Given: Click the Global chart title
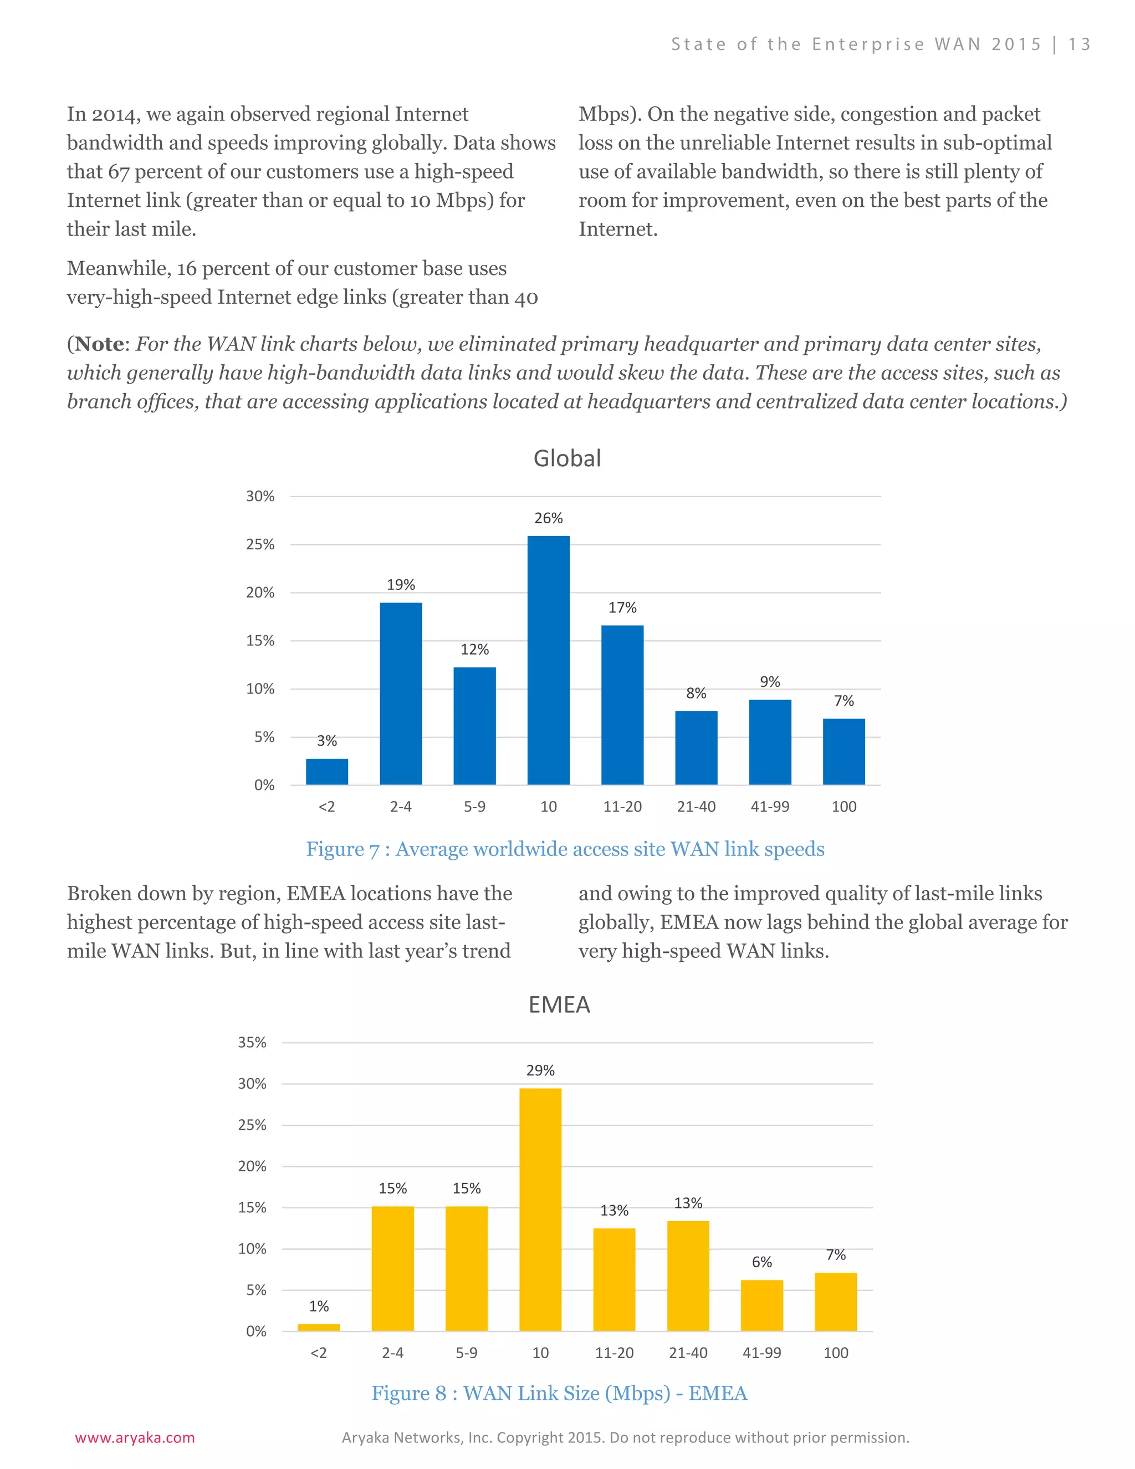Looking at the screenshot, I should (567, 459).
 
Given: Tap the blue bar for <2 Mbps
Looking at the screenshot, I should (327, 772).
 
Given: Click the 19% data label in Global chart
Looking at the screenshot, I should (401, 584).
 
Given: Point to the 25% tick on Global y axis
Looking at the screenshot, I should (260, 544).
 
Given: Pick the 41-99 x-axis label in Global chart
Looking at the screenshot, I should (770, 807).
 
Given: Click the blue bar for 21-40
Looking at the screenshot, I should (696, 747).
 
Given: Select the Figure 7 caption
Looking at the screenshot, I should (565, 849).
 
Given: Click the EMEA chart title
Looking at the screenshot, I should (559, 1005).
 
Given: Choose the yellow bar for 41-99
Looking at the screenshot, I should (762, 1305).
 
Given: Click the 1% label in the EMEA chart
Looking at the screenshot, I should (319, 1306).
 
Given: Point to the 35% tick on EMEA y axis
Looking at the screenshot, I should (252, 1043).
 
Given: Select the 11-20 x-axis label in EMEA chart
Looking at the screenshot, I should (614, 1353).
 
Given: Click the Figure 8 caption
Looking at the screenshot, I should (559, 1393).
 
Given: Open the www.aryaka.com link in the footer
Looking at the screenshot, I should (135, 1438).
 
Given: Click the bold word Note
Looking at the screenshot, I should (100, 344).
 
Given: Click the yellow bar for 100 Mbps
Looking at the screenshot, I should (836, 1302).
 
